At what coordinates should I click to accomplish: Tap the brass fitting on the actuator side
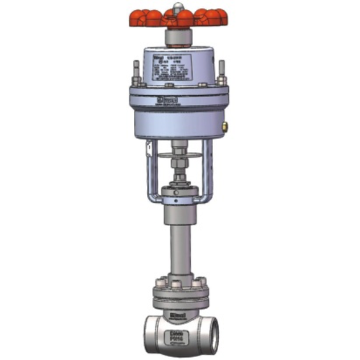tap(225, 125)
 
